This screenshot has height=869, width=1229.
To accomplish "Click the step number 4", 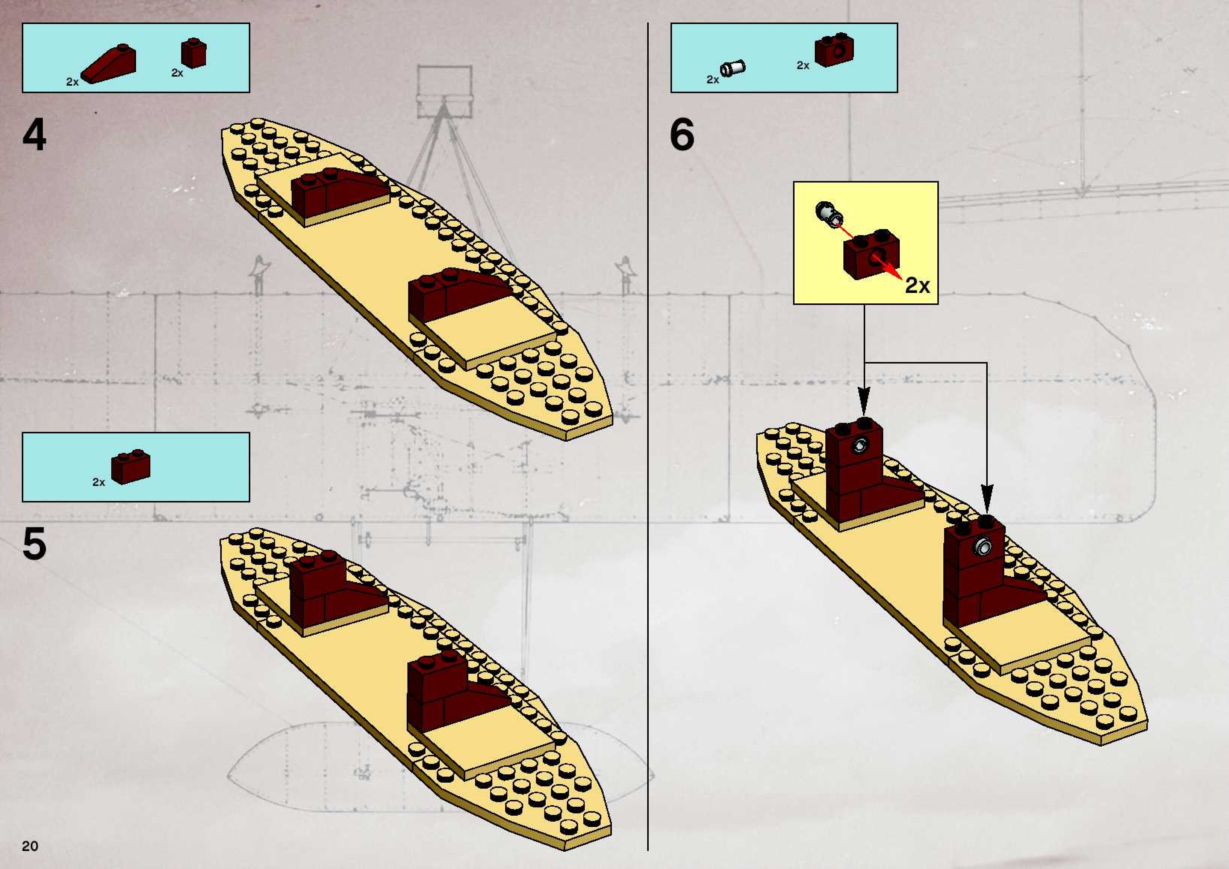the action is [x=34, y=135].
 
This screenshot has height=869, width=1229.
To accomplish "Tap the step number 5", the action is [x=34, y=544].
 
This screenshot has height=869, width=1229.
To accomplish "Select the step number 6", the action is [x=682, y=135].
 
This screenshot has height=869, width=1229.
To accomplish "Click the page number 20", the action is [x=30, y=845].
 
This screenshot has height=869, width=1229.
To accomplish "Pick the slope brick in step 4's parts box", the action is [x=110, y=64].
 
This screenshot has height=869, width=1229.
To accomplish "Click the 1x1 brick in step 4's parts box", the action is [x=193, y=53].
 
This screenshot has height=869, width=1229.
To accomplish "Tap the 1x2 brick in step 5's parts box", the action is [x=131, y=467].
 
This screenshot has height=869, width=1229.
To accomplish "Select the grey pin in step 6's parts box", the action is [x=733, y=68].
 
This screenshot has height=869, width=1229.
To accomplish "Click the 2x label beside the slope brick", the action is [x=72, y=82].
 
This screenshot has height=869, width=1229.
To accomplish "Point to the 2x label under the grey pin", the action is [x=712, y=80].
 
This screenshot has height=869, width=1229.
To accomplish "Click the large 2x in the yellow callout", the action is [x=917, y=286].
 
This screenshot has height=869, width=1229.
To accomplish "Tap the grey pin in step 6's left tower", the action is [x=861, y=445].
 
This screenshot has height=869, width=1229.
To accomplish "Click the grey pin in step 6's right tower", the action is [x=983, y=546].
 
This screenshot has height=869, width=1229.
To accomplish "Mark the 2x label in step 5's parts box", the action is [x=98, y=482].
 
